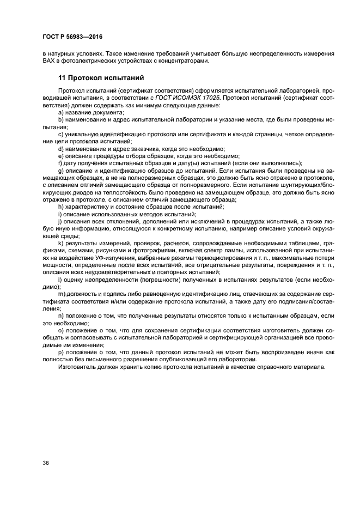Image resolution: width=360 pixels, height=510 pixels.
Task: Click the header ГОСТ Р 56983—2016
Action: tap(72, 37)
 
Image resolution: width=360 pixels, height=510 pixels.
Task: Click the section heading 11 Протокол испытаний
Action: tap(101, 77)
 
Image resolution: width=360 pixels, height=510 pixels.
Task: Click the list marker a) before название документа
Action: tap(61, 112)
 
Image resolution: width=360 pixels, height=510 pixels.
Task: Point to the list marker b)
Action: tap(61, 119)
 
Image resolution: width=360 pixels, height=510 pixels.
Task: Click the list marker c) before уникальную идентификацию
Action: tap(60, 133)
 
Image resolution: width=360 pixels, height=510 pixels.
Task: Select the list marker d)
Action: tap(61, 148)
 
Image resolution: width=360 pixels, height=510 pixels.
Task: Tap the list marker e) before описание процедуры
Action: tap(61, 155)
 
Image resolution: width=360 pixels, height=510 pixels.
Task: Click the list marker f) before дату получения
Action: tap(60, 163)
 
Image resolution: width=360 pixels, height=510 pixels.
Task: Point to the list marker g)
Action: tap(61, 171)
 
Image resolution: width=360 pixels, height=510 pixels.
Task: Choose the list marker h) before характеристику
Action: tap(61, 207)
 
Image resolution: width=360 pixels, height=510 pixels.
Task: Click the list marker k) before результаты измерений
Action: tap(60, 243)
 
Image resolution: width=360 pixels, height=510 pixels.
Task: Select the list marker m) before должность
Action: tap(62, 294)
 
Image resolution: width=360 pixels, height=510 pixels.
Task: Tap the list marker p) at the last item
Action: tap(61, 353)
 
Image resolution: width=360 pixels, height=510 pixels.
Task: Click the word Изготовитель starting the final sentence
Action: tap(78, 367)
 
